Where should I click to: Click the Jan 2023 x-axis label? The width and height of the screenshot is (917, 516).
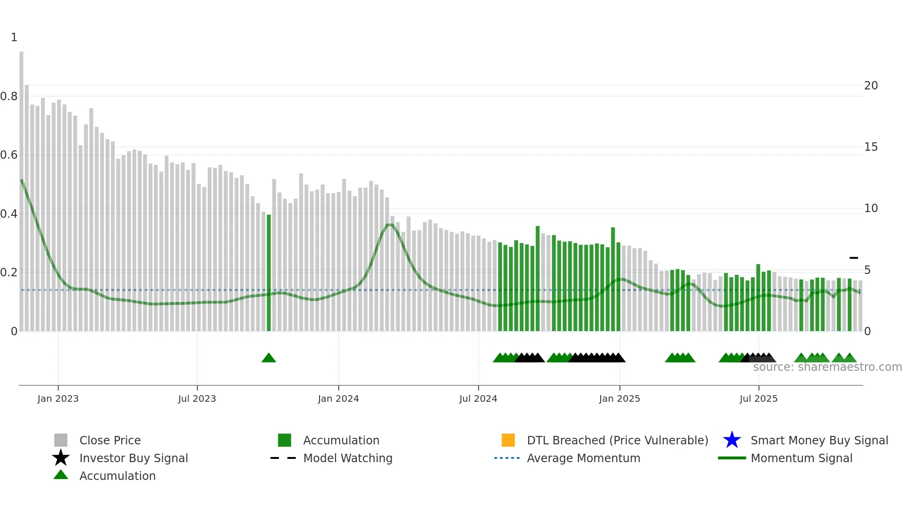click(58, 398)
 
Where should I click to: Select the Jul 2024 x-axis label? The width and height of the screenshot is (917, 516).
click(478, 398)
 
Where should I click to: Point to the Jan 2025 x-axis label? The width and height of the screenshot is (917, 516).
click(619, 398)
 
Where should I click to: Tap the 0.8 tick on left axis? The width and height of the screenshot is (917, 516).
click(9, 96)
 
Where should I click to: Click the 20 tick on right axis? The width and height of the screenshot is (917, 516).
click(871, 86)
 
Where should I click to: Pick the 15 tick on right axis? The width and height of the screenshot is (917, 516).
click(871, 147)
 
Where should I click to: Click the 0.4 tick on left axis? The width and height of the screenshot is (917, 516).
click(9, 214)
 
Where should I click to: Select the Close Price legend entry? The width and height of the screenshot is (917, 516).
click(110, 440)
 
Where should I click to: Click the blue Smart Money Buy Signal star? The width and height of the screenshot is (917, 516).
click(732, 440)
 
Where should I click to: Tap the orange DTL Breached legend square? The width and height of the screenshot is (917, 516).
click(508, 440)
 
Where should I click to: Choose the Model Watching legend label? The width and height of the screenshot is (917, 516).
click(348, 458)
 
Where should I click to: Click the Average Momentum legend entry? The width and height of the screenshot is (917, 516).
click(583, 458)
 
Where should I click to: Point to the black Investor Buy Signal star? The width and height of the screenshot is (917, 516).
click(61, 458)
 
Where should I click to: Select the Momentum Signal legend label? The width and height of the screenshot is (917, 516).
click(801, 458)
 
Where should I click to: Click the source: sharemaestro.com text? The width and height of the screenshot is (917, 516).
click(827, 367)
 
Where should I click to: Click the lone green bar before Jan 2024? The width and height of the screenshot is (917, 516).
click(269, 273)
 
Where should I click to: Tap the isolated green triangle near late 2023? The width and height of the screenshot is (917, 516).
click(269, 358)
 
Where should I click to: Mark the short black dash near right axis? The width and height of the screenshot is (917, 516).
click(854, 258)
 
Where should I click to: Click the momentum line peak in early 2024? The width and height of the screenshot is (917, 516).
click(390, 225)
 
